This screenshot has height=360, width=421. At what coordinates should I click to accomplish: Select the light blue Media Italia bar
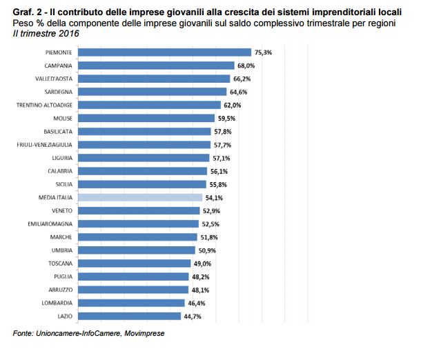pos(140,197)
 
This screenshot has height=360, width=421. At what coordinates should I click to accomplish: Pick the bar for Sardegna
pos(153,92)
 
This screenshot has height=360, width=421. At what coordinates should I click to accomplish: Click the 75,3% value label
pos(264,52)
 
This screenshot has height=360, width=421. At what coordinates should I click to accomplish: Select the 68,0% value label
pos(246,66)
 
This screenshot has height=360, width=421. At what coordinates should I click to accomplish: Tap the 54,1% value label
pos(215,197)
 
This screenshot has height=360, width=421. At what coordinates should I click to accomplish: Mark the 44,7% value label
pos(193,317)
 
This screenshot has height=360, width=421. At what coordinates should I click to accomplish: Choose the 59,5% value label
pos(227,119)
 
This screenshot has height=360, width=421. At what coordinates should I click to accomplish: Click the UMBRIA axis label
pos(61,250)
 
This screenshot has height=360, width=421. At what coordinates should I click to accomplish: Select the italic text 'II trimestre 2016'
pos(43,33)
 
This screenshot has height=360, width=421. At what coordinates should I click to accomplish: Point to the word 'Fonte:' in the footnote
pos(25,334)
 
